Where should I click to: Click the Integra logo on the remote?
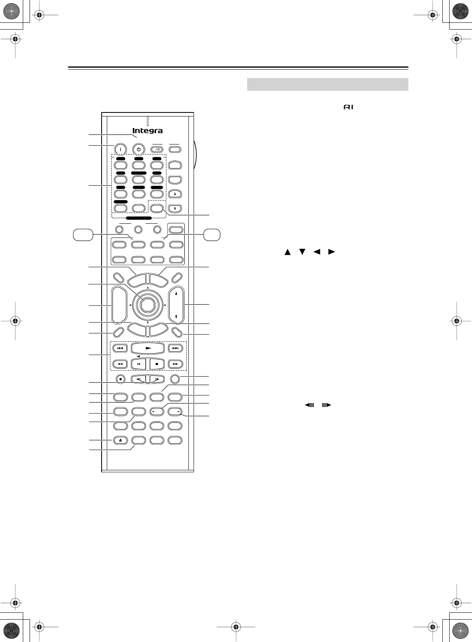148,131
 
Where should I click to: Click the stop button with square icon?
157,364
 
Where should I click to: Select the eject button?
120,440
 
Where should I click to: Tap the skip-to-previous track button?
120,348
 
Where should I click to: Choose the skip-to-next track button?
175,348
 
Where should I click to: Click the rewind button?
120,364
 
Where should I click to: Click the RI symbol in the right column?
348,107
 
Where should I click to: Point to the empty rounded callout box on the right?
212,235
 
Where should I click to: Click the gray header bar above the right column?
328,84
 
